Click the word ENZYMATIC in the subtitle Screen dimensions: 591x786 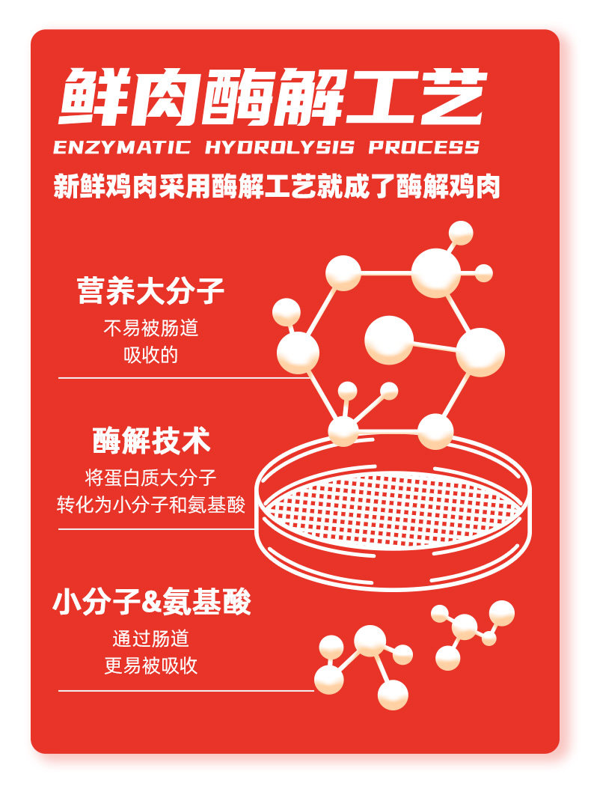click(121, 146)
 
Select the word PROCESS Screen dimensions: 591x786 click(423, 146)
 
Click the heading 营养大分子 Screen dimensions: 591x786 click(150, 290)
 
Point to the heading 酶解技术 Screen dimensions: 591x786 click(151, 441)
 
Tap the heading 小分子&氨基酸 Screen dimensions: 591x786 click(151, 602)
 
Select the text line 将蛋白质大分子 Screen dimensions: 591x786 click(151, 478)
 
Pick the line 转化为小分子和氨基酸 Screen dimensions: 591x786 click(151, 504)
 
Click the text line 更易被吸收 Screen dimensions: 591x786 click(151, 665)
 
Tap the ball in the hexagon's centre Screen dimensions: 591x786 click(389, 340)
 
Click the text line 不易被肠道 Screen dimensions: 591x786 click(151, 328)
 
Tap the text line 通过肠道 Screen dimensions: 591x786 click(151, 639)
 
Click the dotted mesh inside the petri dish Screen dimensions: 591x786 click(393, 502)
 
